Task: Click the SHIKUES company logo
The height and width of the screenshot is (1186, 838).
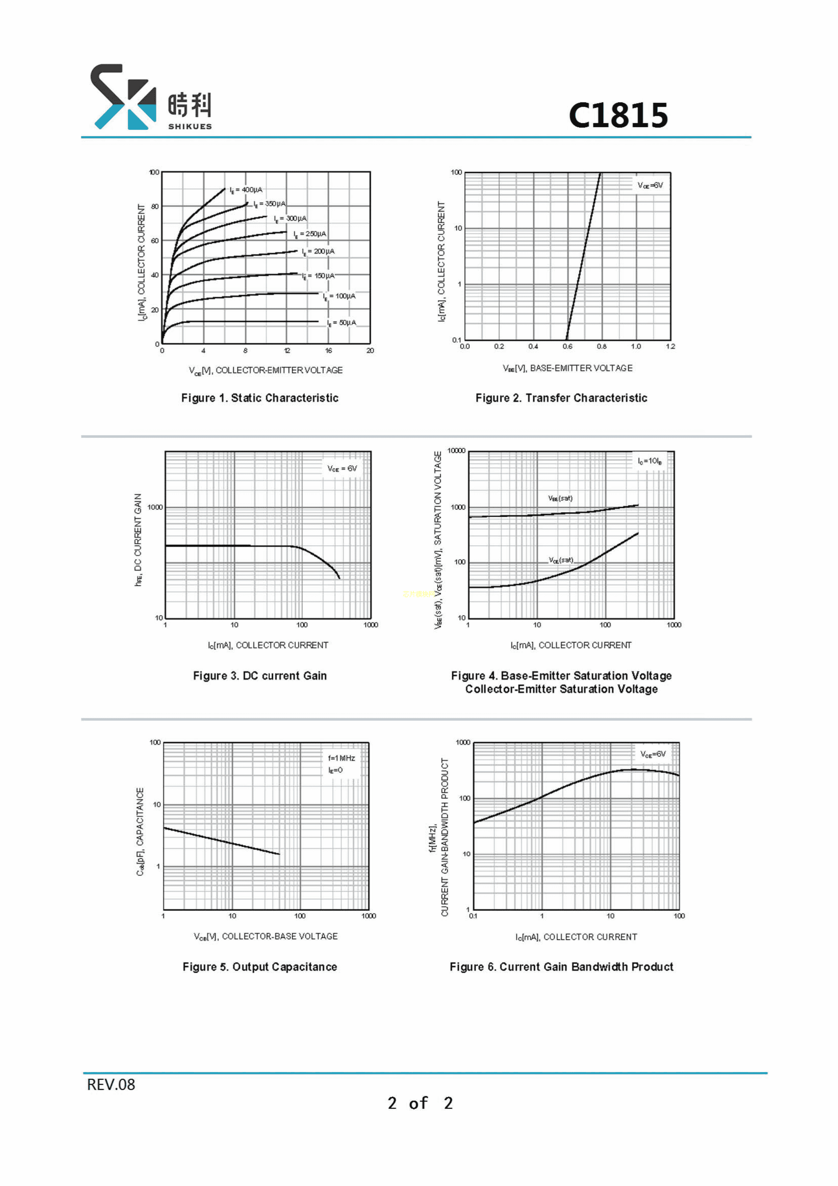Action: tap(151, 97)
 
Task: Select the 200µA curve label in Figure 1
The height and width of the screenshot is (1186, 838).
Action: tap(318, 251)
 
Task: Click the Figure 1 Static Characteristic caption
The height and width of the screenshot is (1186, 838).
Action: tap(260, 398)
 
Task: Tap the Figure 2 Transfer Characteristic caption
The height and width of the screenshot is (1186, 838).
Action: tap(561, 398)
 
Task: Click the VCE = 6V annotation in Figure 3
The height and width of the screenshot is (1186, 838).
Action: tap(342, 468)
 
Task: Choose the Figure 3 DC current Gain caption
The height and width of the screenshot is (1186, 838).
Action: tap(260, 676)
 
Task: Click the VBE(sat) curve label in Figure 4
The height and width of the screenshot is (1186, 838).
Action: tap(560, 499)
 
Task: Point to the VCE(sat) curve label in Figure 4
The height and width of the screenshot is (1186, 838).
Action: tap(561, 560)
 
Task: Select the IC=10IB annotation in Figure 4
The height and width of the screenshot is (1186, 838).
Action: tap(650, 461)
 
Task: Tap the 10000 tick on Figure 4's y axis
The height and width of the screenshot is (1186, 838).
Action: tap(456, 451)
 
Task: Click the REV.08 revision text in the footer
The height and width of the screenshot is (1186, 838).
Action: tap(111, 1085)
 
